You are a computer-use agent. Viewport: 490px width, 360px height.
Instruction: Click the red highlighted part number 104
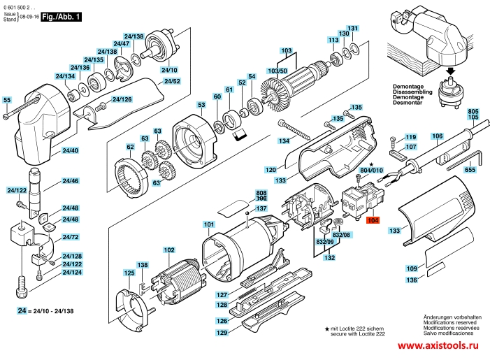pyautogui.click(x=373, y=220)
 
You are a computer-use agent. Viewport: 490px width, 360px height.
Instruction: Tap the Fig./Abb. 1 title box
pyautogui.click(x=62, y=17)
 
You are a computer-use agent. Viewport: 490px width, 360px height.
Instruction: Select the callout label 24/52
pyautogui.click(x=172, y=81)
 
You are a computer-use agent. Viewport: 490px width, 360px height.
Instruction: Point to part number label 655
pyautogui.click(x=470, y=170)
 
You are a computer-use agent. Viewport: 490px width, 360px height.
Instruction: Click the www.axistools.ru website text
pyautogui.click(x=438, y=345)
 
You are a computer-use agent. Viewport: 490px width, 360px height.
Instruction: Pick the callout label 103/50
pyautogui.click(x=278, y=71)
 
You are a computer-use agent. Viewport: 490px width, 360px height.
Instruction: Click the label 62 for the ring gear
pyautogui.click(x=130, y=147)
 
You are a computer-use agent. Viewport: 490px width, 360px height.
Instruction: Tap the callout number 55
pyautogui.click(x=6, y=100)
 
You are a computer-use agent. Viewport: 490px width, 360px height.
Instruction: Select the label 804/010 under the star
pyautogui.click(x=372, y=171)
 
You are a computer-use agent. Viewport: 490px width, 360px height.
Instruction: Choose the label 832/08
pyautogui.click(x=341, y=235)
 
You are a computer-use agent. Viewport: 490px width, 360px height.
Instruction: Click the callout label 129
pyautogui.click(x=222, y=333)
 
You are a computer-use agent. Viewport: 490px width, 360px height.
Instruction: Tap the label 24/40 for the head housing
pyautogui.click(x=71, y=150)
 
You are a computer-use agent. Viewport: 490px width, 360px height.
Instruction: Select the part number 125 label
pyautogui.click(x=129, y=273)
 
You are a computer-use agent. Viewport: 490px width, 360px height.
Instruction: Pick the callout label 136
pyautogui.click(x=412, y=280)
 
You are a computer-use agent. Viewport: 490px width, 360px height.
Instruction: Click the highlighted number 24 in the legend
pyautogui.click(x=22, y=310)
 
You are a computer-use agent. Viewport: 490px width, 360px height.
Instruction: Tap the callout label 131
pyautogui.click(x=352, y=28)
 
